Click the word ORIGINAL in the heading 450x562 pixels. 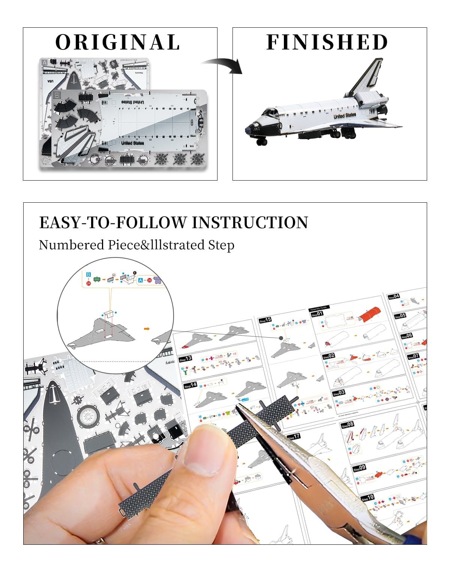pos(118,42)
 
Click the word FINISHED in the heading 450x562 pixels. pos(327,42)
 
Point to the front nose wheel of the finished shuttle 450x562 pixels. pos(261,142)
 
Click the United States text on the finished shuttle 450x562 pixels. pos(345,116)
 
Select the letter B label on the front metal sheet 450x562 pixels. pos(57,95)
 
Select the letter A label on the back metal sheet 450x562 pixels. pos(45,62)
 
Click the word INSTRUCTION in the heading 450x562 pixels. pos(250,223)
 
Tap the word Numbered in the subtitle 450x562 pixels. pos(71,245)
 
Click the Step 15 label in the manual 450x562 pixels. pos(265,320)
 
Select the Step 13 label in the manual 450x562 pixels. pos(186,359)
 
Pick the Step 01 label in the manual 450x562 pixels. pos(317,314)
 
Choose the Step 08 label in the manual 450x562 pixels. pos(347,425)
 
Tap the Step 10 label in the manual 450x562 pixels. pos(368,498)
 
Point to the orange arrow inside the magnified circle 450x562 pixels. pos(147,329)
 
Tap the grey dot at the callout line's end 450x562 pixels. pos(281,338)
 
